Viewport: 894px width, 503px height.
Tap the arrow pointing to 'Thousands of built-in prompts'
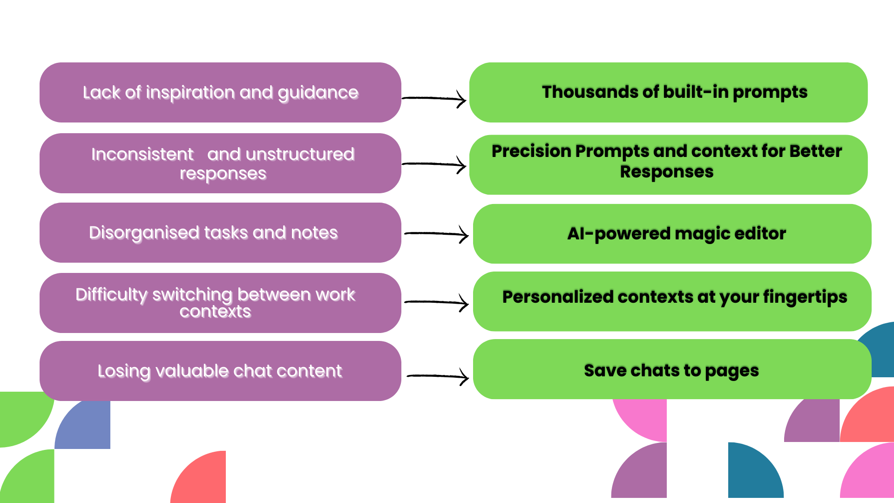pyautogui.click(x=434, y=98)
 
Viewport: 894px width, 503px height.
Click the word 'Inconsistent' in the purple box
pyautogui.click(x=142, y=154)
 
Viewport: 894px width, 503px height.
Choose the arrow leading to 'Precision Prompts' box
pyautogui.click(x=434, y=164)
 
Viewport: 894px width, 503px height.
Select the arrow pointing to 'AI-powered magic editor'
pyautogui.click(x=437, y=234)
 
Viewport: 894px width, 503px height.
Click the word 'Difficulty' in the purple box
pyautogui.click(x=111, y=295)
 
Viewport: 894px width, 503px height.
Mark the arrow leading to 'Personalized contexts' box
pyautogui.click(x=437, y=303)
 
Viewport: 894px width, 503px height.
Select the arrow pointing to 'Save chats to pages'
pyautogui.click(x=438, y=376)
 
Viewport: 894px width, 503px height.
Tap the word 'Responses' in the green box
pyautogui.click(x=666, y=172)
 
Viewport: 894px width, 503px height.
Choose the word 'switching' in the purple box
pyautogui.click(x=192, y=295)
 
